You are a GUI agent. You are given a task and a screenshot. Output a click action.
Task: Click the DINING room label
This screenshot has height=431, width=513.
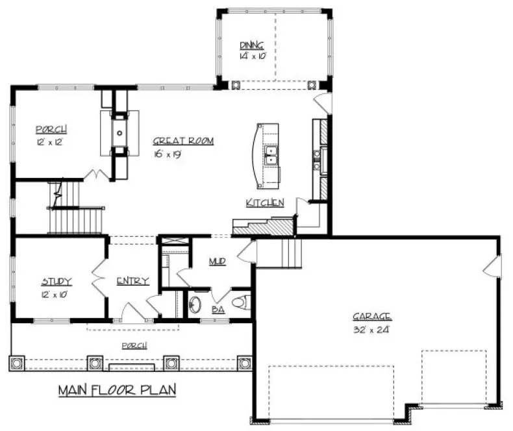tap(251, 45)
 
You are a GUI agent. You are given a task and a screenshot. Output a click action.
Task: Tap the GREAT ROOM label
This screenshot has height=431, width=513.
tap(183, 140)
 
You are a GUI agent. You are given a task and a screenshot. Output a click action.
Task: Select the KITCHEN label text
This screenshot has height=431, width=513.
tap(265, 203)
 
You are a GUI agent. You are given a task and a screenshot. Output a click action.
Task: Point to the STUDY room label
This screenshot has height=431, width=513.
tap(56, 281)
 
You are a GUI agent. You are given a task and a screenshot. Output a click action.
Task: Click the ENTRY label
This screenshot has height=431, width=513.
tap(132, 281)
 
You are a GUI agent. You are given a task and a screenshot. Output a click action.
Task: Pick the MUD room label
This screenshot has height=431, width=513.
tap(217, 262)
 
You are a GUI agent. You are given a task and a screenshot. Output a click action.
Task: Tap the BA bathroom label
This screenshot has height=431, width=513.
tap(218, 310)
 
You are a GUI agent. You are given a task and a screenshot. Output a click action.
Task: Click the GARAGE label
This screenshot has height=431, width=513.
tap(371, 316)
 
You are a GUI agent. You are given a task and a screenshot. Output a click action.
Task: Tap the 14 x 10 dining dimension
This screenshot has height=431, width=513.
tap(251, 56)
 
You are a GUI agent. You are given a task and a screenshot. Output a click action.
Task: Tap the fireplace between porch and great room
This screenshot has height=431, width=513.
tap(119, 133)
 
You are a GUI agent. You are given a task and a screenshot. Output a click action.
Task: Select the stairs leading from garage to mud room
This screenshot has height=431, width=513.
tap(279, 252)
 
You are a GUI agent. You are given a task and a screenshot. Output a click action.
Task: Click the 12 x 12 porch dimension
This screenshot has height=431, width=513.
tap(49, 140)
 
